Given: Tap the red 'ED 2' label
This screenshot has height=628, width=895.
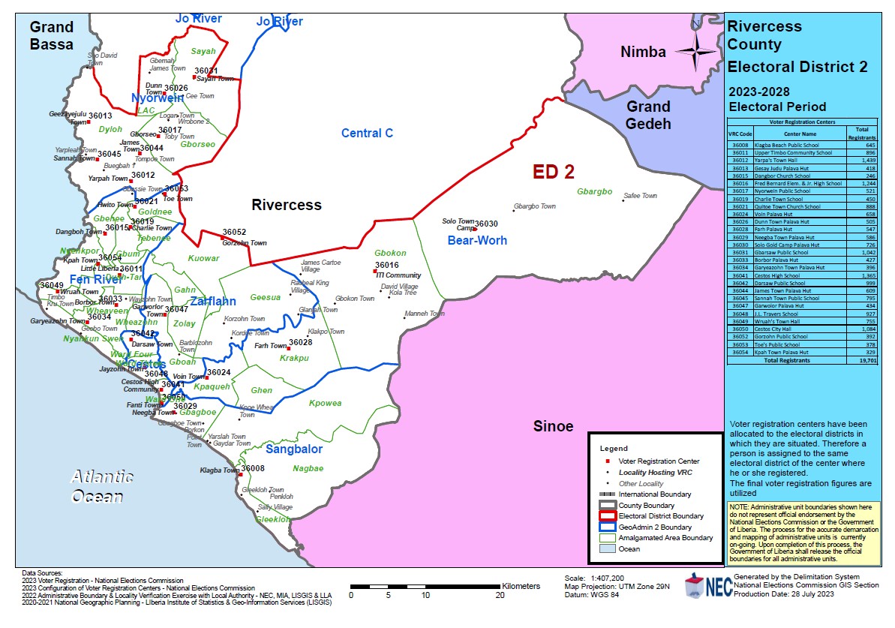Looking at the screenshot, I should click(x=553, y=172).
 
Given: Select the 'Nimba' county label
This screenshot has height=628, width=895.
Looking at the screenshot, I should click(x=643, y=52).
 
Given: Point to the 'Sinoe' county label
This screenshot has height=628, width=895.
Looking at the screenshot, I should click(x=553, y=426).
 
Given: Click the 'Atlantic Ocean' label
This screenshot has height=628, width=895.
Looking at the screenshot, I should click(x=102, y=486).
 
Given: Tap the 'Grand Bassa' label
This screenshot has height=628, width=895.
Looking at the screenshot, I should click(x=52, y=35).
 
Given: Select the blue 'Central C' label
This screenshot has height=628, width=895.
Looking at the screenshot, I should click(x=367, y=134).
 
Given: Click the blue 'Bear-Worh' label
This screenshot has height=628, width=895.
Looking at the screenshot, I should click(x=477, y=240).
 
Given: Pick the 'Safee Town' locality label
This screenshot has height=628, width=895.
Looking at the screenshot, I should click(x=639, y=196).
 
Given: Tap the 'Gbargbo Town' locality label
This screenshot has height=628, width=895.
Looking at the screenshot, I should click(x=534, y=206).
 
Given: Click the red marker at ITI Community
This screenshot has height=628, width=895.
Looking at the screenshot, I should click(x=375, y=272).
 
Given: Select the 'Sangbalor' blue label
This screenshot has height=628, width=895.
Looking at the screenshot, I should click(x=293, y=449).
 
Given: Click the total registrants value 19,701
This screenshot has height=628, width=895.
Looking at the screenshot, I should click(x=868, y=360).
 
